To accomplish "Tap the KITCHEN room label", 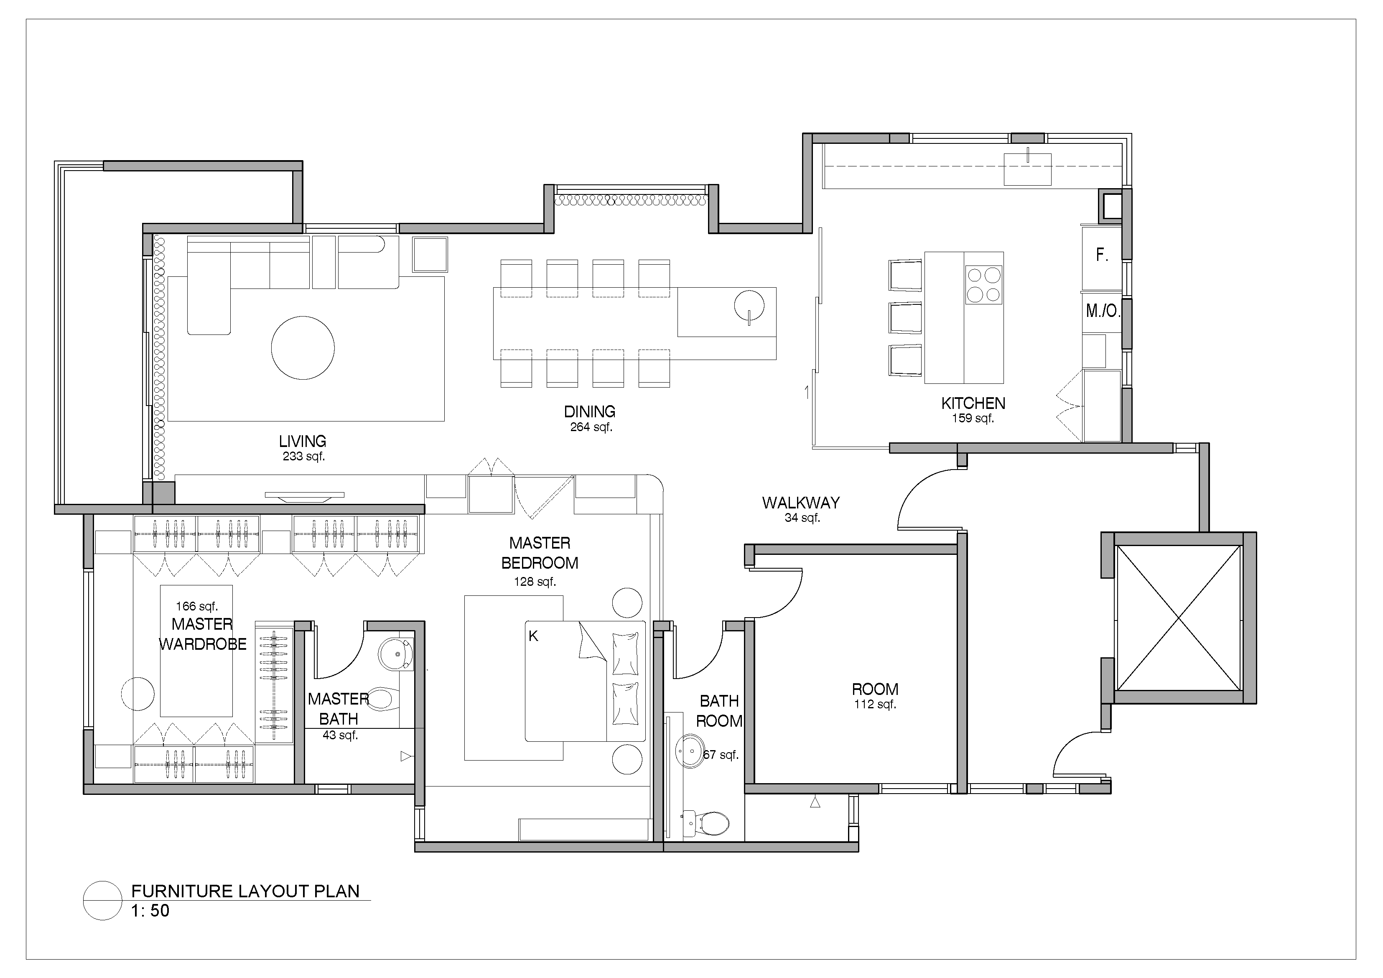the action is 973,403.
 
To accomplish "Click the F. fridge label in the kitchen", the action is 1102,255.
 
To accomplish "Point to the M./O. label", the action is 1103,311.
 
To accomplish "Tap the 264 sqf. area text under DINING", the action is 591,427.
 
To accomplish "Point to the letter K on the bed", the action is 533,636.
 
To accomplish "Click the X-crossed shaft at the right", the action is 1179,618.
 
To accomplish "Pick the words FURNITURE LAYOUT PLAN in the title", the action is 245,891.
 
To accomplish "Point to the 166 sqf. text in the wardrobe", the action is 197,607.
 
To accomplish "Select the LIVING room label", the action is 302,441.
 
